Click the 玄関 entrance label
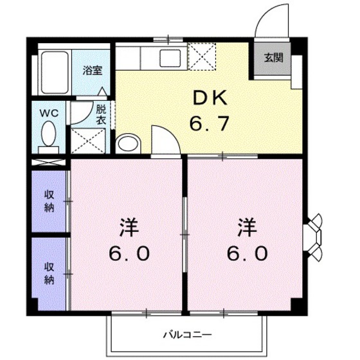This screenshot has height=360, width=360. (x=273, y=57)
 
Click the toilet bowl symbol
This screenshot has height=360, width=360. (x=49, y=134)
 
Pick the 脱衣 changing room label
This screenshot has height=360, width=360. (x=102, y=114)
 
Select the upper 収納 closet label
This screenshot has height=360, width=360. (x=49, y=201)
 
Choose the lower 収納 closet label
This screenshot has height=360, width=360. (x=49, y=273)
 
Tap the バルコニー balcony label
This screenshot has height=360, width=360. (x=186, y=334)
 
